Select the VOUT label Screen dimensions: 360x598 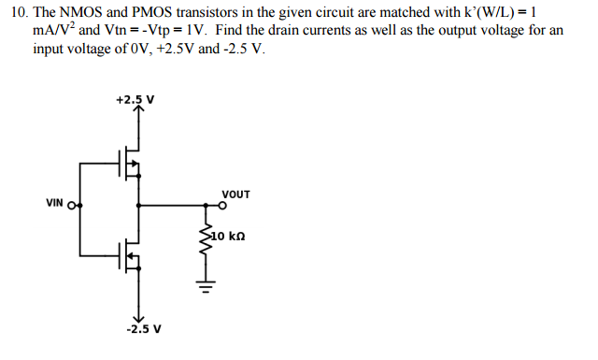tap(235, 194)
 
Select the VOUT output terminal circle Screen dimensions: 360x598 tap(221, 204)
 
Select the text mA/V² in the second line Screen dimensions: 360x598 tap(51, 31)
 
